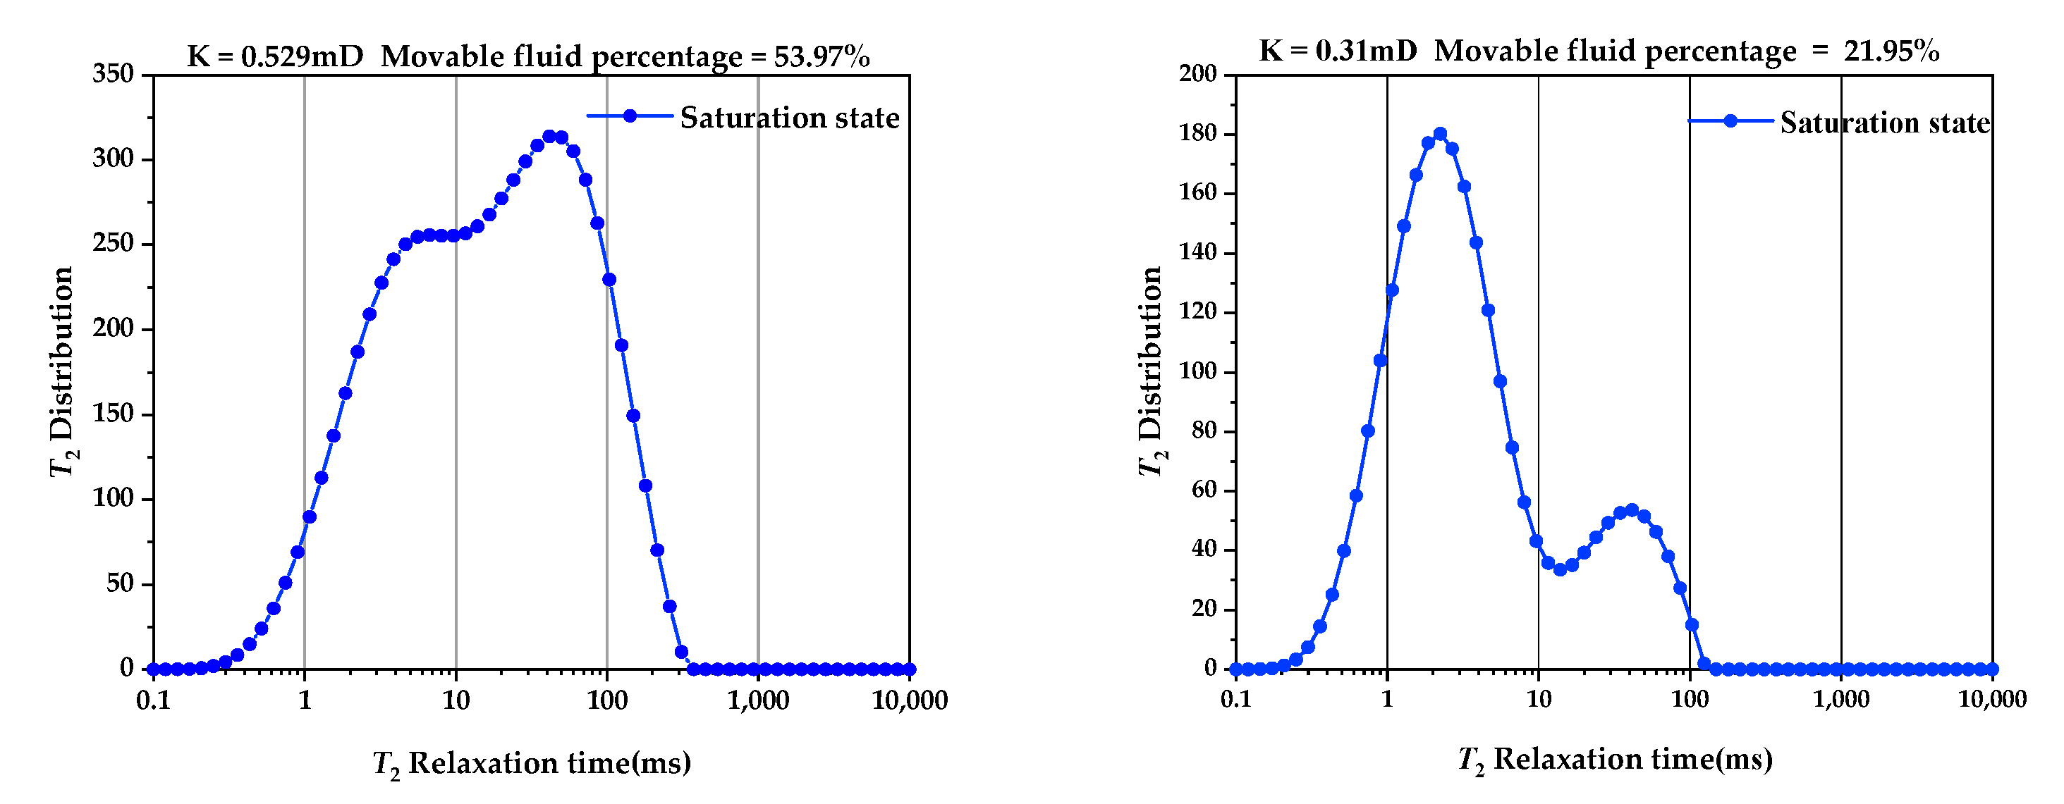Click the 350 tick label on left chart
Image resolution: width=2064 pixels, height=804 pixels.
tap(113, 74)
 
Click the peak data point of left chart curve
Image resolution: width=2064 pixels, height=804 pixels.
tap(549, 137)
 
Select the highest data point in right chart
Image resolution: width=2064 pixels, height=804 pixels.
tap(1440, 134)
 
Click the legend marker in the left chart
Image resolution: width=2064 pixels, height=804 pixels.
tap(630, 116)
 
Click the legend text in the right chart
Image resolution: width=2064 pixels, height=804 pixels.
tap(1884, 123)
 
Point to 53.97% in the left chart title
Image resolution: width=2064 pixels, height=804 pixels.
tap(822, 57)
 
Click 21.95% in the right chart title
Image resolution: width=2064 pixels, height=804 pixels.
tap(1891, 51)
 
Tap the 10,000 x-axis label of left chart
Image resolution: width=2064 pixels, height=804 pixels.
tap(910, 700)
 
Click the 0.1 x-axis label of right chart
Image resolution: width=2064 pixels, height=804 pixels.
tap(1235, 699)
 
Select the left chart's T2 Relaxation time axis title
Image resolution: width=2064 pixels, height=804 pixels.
tap(532, 763)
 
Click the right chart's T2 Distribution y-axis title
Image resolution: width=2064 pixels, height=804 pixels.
tap(1151, 371)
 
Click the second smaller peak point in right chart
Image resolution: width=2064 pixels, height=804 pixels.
tap(1631, 510)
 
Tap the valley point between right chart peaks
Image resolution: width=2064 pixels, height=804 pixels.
tap(1560, 569)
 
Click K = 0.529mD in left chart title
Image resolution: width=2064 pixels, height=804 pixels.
tap(275, 57)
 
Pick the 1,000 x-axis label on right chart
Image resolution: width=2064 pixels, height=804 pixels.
tap(1840, 699)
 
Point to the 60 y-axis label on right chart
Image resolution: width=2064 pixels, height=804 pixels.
tap(1204, 489)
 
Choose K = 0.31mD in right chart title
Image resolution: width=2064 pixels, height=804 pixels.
tap(1337, 51)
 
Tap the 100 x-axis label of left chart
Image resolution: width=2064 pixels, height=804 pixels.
tap(606, 700)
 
